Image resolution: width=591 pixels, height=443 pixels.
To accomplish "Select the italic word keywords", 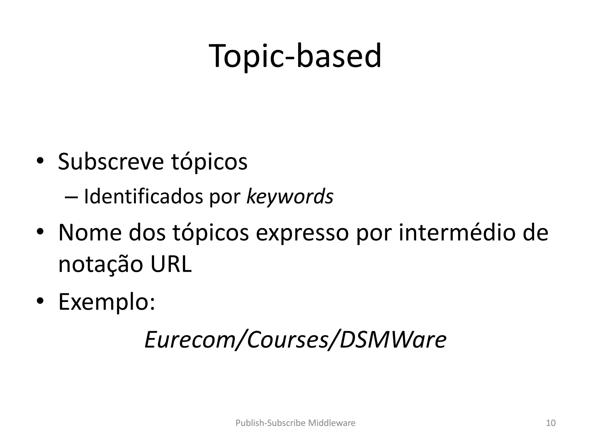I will coord(290,197).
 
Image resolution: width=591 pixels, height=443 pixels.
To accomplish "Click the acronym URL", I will coord(171,264).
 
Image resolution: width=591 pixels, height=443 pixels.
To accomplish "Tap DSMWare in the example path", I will coord(393,340).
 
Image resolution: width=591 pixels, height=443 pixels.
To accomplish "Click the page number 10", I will coord(551,423).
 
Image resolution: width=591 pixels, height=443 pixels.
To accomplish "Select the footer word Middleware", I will coord(332,423).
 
